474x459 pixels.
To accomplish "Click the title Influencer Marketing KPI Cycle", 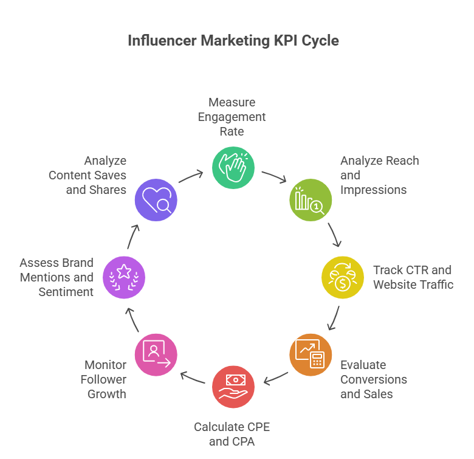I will pos(233,41).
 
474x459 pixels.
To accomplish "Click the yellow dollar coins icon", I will pos(342,277).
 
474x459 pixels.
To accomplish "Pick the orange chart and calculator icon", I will pos(310,354).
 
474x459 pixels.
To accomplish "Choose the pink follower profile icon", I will pos(156,354).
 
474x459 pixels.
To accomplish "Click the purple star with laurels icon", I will pos(124,277).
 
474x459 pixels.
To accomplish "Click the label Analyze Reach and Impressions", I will pos(379,175).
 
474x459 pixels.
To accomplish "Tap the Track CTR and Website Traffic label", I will pos(413,277).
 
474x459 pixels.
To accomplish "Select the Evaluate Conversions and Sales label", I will pos(373,379).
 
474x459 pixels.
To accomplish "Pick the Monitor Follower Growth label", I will pos(105,379).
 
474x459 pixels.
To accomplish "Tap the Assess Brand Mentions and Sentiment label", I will pos(57,277).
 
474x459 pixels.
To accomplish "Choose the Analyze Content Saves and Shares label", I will pos(88,175).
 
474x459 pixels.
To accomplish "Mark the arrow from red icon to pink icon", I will pos(193,378).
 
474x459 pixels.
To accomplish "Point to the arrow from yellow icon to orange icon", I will pos(333,318).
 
